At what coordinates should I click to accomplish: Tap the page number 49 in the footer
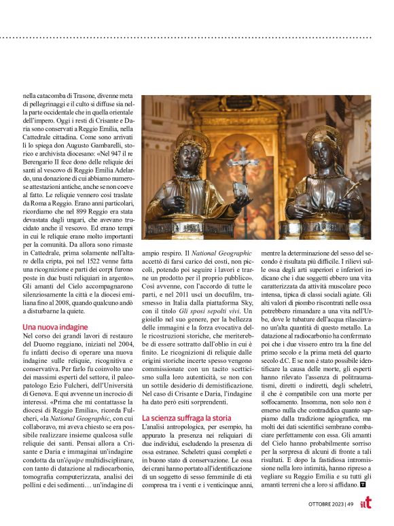point(348,504)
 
